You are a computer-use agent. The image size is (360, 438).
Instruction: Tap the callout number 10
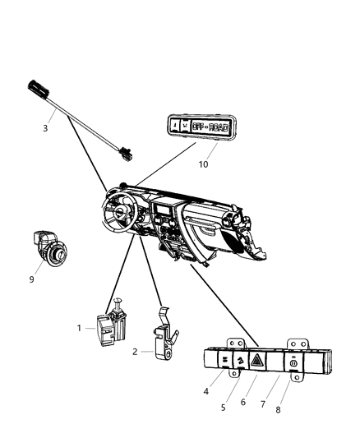pos(204,164)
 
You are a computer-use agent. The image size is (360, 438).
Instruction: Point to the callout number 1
pos(81,328)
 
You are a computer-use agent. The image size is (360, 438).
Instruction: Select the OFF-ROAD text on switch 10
pos(216,127)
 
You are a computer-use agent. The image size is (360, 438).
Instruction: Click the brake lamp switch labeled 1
pos(113,326)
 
